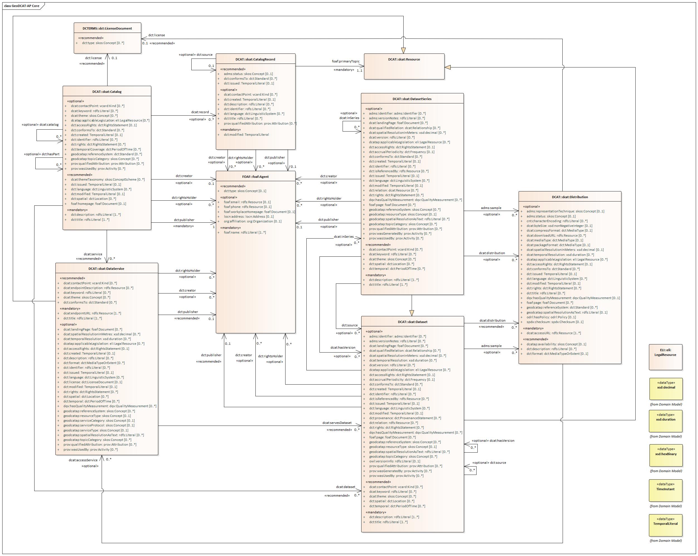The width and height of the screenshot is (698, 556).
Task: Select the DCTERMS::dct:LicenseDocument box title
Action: pyautogui.click(x=107, y=28)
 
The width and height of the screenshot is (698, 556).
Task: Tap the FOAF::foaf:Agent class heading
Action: pyautogui.click(x=255, y=177)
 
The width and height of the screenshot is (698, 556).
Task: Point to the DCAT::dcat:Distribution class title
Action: pyautogui.click(x=570, y=197)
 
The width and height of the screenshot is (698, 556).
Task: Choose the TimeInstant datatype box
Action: pyautogui.click(x=665, y=489)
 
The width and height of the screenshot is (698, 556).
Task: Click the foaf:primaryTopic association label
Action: pyautogui.click(x=345, y=61)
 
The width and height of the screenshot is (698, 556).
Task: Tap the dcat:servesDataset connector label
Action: pyautogui.click(x=337, y=423)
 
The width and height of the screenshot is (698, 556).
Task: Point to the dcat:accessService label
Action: pyautogui.click(x=83, y=460)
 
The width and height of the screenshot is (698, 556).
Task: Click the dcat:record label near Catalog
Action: pyautogui.click(x=200, y=112)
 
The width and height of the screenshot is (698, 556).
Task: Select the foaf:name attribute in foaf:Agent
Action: pyautogui.click(x=245, y=232)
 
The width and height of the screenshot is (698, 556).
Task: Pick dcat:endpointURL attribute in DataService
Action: pyautogui.click(x=92, y=313)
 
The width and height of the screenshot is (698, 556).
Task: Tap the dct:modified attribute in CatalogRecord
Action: pyautogui.click(x=246, y=134)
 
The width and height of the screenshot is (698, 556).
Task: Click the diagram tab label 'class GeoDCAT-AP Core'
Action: pyautogui.click(x=22, y=6)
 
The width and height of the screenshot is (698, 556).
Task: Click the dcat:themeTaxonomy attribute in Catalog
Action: pyautogui.click(x=108, y=179)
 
